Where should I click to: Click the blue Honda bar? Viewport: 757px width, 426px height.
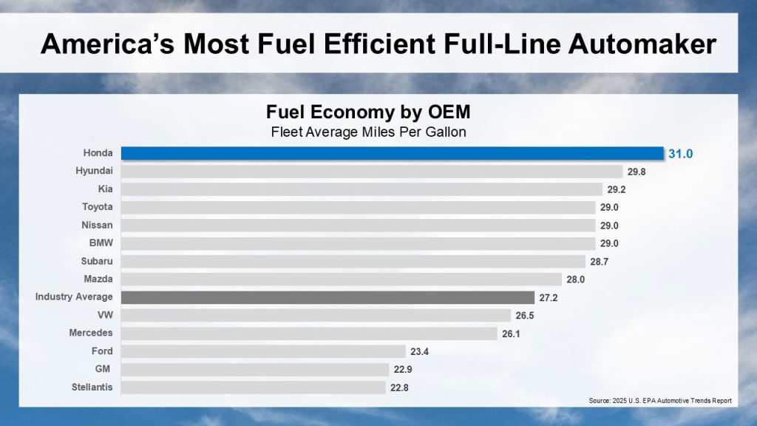click(x=392, y=153)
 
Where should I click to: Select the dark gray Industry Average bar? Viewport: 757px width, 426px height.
click(x=327, y=297)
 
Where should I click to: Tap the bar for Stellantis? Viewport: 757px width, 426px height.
click(x=254, y=387)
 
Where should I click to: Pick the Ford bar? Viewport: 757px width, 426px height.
click(x=263, y=351)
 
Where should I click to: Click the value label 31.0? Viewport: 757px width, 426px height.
click(x=682, y=154)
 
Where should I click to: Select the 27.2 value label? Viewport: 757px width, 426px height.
click(x=549, y=297)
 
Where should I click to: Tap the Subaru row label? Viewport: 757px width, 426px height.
click(x=97, y=261)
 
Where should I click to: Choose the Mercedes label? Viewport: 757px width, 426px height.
click(x=92, y=333)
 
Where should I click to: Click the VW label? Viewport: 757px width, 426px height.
click(x=105, y=315)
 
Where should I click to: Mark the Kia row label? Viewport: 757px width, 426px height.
click(x=105, y=189)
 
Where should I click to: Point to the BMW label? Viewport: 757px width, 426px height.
click(x=101, y=243)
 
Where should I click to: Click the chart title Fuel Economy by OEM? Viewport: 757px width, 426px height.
click(x=367, y=113)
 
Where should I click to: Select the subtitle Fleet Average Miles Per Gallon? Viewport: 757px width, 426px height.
click(x=367, y=132)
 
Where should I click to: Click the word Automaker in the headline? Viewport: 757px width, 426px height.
click(x=637, y=44)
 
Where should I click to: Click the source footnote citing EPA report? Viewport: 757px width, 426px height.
click(x=659, y=400)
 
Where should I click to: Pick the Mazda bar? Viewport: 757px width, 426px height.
click(x=341, y=280)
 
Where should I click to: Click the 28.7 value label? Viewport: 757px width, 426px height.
click(x=600, y=262)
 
